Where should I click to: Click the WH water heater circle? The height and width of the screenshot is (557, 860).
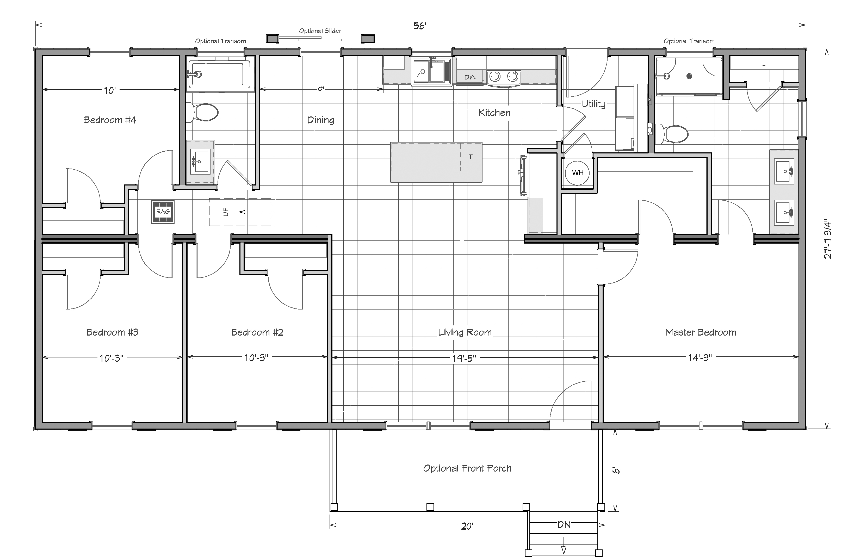point(577,173)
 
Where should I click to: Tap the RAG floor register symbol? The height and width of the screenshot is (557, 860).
point(163,212)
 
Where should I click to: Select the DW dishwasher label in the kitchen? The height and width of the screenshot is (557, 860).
point(470,77)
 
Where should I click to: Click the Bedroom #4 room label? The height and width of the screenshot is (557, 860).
point(110,120)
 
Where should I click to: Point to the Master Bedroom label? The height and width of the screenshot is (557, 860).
point(701,332)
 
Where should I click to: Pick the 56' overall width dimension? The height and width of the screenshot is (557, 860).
point(420,26)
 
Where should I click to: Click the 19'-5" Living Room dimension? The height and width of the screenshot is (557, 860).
point(464,358)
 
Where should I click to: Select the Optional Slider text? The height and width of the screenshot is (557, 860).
point(320,31)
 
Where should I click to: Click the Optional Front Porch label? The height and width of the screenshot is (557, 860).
point(467,468)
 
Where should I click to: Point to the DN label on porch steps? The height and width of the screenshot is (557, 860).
point(564,524)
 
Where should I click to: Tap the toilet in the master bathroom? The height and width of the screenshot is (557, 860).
point(671,134)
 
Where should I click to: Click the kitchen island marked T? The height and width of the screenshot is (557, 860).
point(436,162)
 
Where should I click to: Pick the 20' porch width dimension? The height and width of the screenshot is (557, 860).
point(467,526)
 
